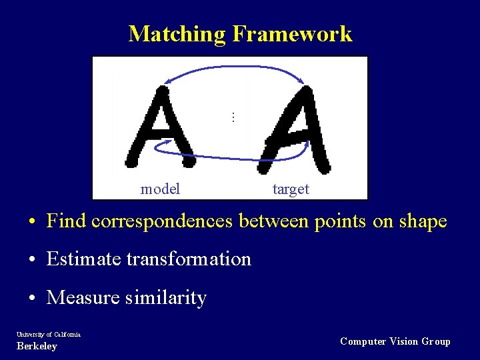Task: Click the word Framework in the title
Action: (292, 33)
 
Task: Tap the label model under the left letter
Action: (160, 189)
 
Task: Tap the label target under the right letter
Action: (291, 189)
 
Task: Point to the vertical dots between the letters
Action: (233, 117)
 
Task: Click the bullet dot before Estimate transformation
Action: (32, 259)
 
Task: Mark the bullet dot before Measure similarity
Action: (32, 298)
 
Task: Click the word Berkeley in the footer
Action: (37, 347)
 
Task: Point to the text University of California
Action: (49, 334)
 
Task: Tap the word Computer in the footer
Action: (363, 341)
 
